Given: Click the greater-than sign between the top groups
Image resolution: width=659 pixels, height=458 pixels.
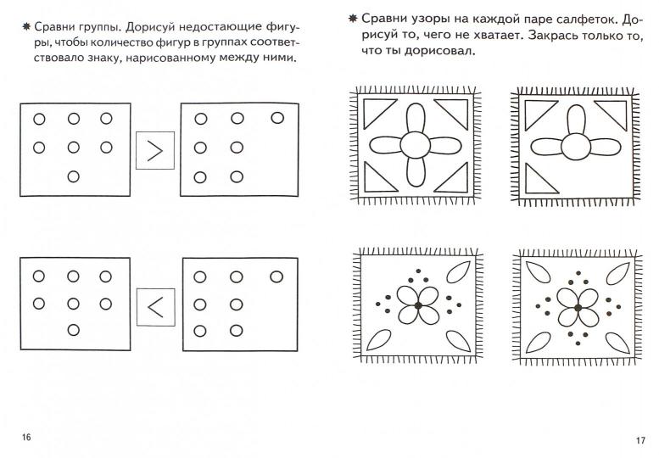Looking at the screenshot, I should coord(154,151).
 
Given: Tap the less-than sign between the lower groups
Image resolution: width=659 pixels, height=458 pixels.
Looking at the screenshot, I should coord(154,308).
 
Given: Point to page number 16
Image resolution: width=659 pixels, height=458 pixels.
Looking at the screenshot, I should coord(27,437).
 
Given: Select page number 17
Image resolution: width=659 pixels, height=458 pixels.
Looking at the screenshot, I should coord(639,439).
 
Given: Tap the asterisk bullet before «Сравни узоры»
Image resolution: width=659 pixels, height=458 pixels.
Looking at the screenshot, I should coord(349,18).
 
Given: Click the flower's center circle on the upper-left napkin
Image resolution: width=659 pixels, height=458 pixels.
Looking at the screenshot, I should coord(416,145).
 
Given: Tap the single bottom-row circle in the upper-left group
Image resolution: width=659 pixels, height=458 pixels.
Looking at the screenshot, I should coord(73,176).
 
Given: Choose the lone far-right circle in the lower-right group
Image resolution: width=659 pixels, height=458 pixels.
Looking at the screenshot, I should coord(276,276).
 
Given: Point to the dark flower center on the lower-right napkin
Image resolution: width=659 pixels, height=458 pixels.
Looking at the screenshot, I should coord(577,307).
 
